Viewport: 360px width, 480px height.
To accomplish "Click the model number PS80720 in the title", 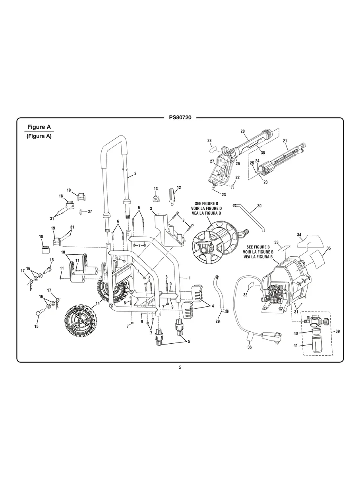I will [180, 118].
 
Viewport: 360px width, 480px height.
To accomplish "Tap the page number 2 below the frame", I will [180, 367].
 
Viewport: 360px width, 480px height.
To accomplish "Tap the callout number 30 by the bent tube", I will [259, 206].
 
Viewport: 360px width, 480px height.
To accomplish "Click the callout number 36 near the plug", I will [250, 347].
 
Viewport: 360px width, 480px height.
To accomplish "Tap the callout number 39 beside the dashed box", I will [338, 331].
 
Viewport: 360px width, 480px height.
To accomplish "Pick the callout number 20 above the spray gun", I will [242, 131].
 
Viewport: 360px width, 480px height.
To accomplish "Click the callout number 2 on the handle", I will [135, 173].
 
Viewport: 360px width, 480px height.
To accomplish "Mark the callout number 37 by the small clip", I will [89, 211].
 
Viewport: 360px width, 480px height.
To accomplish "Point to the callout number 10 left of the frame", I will [63, 252].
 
